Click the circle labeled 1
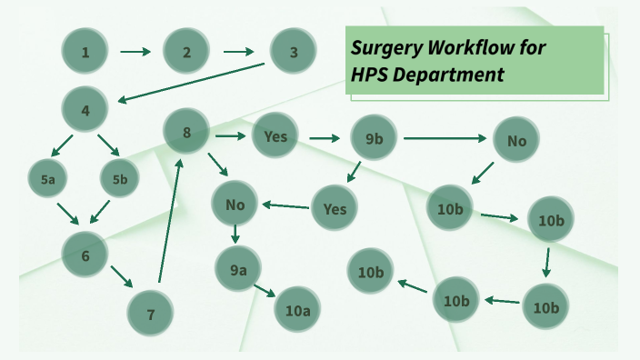85,52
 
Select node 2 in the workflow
186,52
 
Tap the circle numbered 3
294,52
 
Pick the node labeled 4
85,111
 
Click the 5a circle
48,180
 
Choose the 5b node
120,180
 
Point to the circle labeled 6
85,255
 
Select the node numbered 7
150,315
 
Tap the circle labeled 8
186,133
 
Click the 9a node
238,268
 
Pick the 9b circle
374,138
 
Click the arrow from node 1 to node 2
135,52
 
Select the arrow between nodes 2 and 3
239,52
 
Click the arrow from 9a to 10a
265,290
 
